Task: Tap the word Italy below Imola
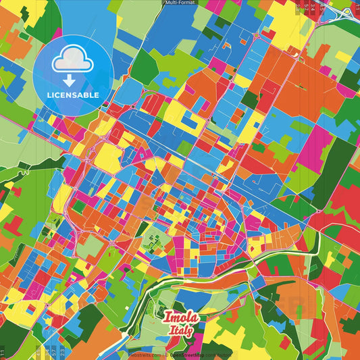coord(180,330)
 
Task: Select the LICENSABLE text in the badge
coord(73,95)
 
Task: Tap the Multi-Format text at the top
coord(180,3)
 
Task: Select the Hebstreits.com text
coord(145,354)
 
